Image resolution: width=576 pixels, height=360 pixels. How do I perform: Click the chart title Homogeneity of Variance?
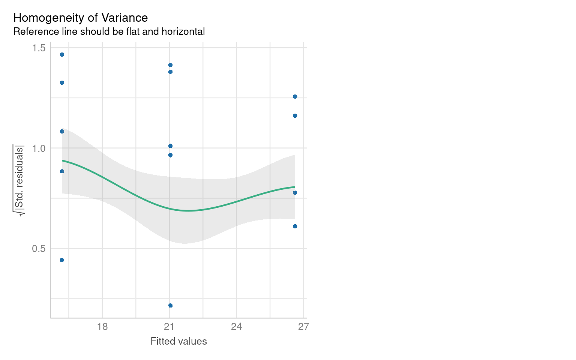80,18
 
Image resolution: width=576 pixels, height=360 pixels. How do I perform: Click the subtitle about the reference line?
109,31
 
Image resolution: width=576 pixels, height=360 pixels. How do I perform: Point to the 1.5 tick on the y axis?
39,48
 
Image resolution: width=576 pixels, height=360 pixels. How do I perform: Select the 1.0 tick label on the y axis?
39,148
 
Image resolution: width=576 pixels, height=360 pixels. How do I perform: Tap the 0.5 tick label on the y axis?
39,249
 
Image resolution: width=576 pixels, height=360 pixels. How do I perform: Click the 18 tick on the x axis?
102,327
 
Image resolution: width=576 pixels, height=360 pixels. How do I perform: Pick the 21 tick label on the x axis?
169,327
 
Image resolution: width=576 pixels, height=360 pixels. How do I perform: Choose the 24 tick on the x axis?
236,327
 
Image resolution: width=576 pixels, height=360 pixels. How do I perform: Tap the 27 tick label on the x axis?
303,327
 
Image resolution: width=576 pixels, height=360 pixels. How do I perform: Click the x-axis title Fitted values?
178,341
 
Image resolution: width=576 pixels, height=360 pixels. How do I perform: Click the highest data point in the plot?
62,54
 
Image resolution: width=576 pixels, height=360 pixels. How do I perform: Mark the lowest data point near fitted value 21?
170,306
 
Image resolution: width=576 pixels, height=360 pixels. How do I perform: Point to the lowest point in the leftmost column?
62,260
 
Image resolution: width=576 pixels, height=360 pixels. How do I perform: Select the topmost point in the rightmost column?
295,96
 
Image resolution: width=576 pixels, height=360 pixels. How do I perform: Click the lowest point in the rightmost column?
295,226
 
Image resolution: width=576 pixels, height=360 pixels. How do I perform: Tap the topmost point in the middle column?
170,65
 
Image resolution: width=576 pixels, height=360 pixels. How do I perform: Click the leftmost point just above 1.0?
62,131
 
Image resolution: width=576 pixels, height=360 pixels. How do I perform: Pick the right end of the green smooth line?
295,187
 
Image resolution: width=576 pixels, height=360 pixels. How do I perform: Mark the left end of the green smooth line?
62,160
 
